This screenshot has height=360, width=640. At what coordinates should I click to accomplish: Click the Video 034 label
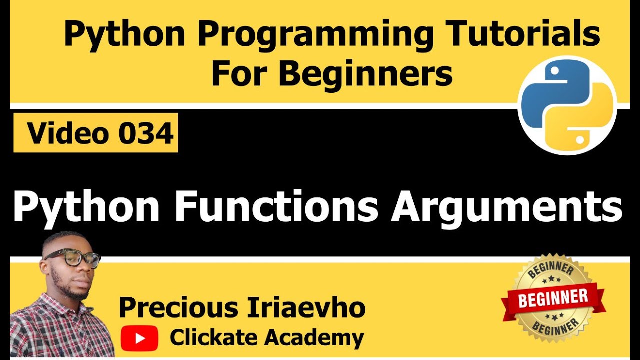pos(96,133)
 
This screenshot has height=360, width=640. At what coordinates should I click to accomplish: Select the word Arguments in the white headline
pos(506,207)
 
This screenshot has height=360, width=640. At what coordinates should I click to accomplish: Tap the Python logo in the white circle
pos(567,104)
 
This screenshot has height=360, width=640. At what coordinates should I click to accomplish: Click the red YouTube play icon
pos(139,338)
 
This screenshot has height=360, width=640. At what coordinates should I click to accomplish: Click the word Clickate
pos(214,338)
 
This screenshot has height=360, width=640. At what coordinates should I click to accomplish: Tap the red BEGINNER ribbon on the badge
pos(553,299)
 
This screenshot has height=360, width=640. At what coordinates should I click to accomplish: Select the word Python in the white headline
pos(86,207)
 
